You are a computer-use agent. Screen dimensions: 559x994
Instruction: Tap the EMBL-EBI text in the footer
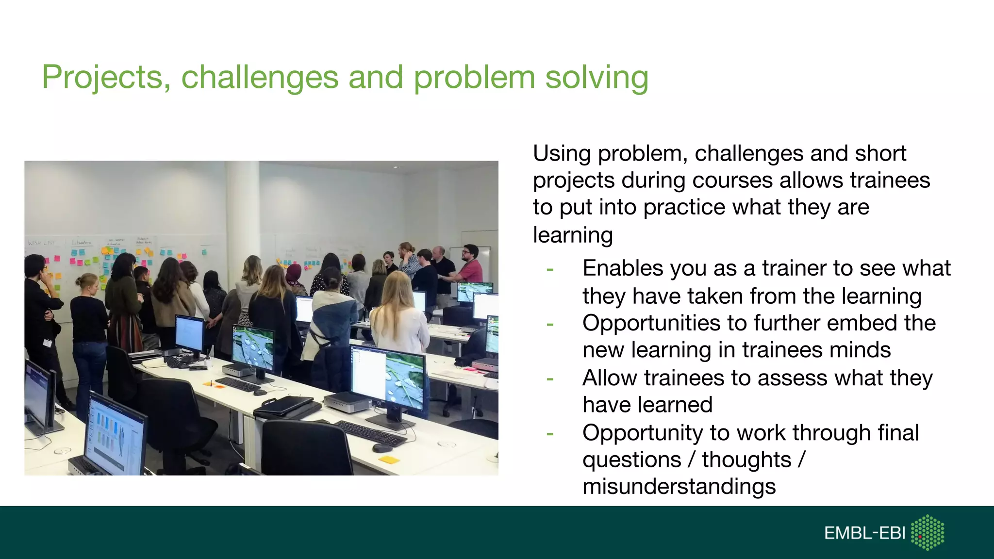coord(864,533)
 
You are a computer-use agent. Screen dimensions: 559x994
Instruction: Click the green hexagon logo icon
coord(928,532)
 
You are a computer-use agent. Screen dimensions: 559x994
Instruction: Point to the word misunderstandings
coord(679,487)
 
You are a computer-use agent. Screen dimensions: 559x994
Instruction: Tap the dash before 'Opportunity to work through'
coord(549,433)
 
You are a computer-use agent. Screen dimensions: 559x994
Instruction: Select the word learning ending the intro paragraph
coord(573,235)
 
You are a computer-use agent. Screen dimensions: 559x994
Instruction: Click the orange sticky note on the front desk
coord(388,459)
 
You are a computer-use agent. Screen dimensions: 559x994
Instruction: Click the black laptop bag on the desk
coord(286,406)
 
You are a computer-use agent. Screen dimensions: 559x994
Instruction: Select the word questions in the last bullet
coord(631,460)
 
